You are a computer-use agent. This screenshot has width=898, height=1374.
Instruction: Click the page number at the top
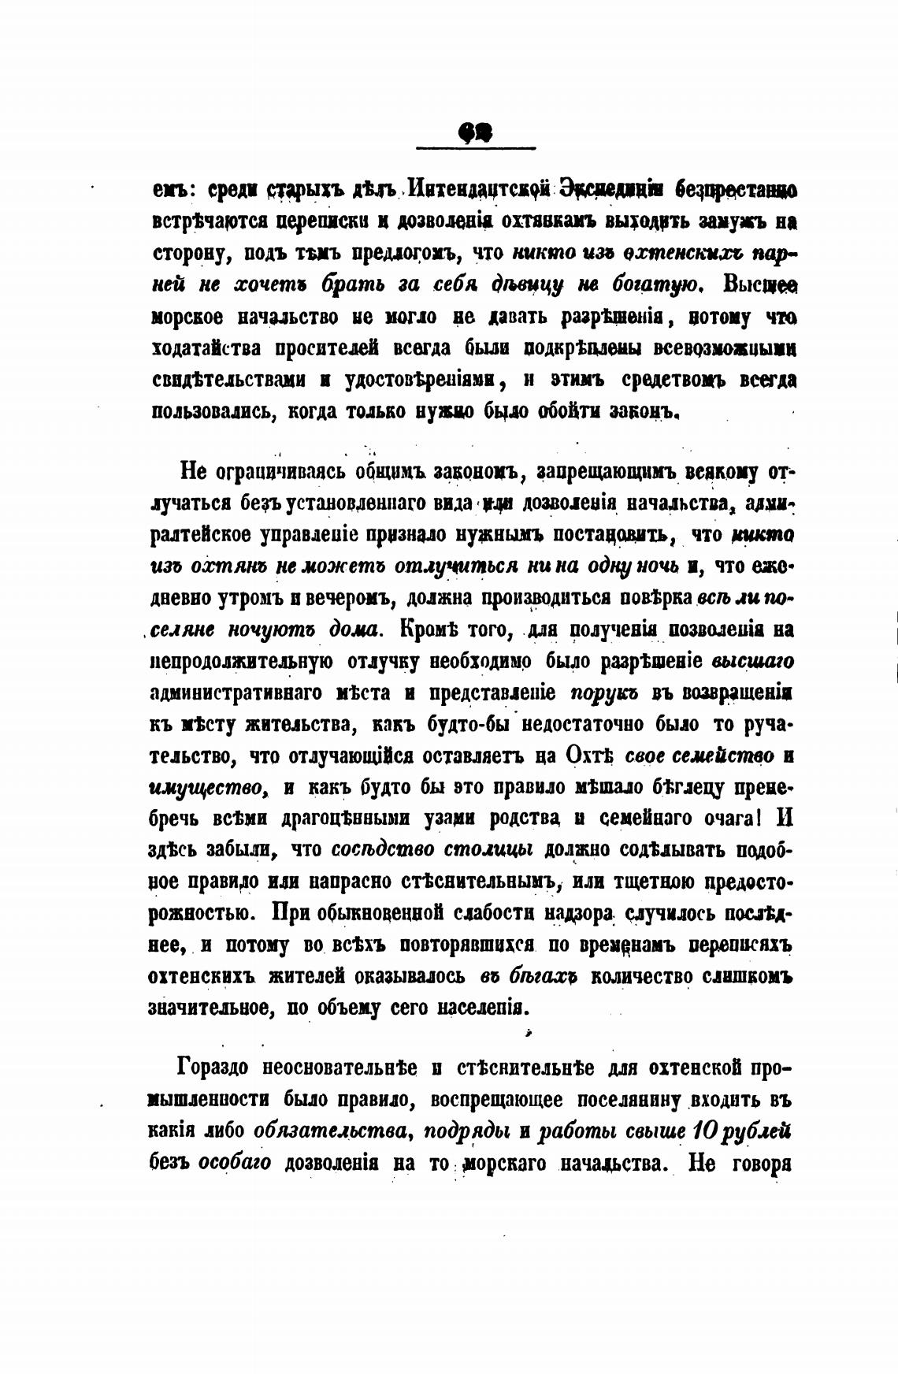pos(474,133)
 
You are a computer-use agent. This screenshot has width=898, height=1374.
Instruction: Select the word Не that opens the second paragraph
pos(193,472)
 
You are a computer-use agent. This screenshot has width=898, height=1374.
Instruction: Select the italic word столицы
pos(488,850)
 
